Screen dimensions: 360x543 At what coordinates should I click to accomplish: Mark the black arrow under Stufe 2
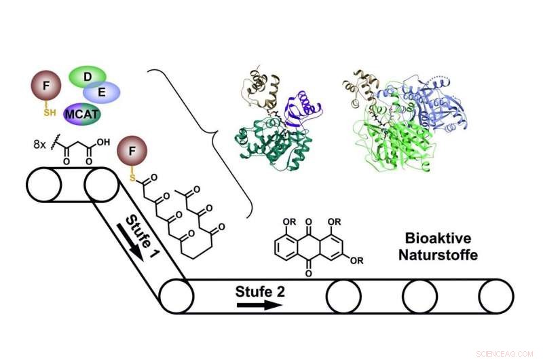259,305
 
